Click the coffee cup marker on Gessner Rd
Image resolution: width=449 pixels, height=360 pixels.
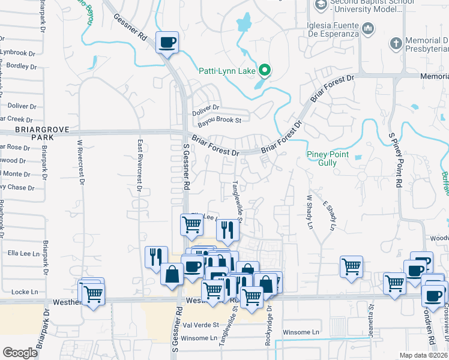point(167,43)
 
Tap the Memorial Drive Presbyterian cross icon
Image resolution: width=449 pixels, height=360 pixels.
point(395,43)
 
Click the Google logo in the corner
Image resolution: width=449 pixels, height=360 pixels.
point(20,353)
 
